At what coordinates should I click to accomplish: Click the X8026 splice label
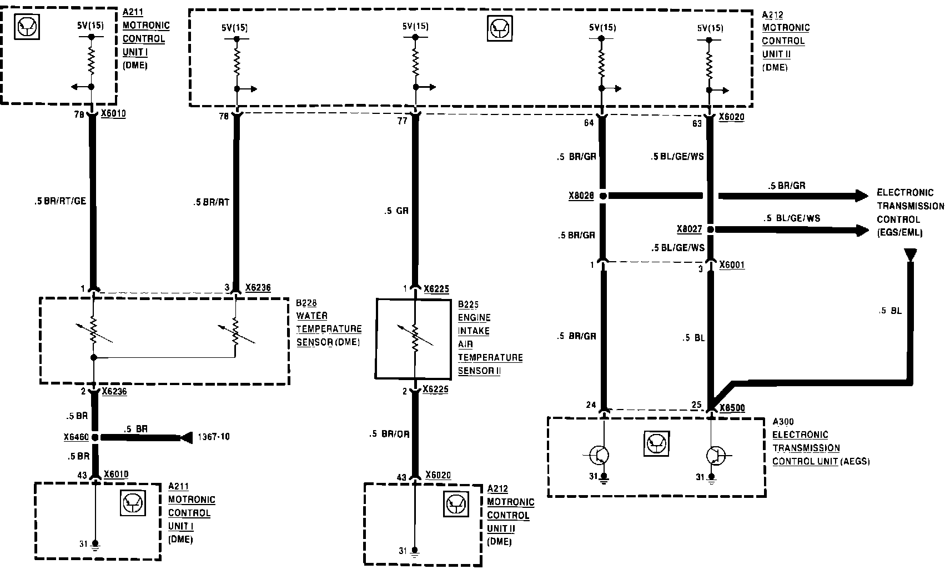click(581, 196)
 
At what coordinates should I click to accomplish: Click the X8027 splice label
click(689, 229)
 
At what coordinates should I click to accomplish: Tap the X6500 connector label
click(732, 408)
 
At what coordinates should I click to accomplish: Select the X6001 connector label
click(732, 265)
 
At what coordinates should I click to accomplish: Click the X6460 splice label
click(76, 437)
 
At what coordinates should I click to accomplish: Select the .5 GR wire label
click(396, 211)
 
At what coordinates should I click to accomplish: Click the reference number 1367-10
click(213, 437)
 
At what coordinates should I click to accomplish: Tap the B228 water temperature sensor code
click(306, 303)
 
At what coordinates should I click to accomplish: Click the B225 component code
click(468, 305)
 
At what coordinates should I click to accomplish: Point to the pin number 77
click(402, 121)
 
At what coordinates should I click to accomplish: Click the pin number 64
click(589, 123)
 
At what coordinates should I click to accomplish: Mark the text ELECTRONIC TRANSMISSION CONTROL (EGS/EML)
click(909, 212)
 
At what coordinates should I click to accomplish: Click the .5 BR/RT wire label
click(211, 202)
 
